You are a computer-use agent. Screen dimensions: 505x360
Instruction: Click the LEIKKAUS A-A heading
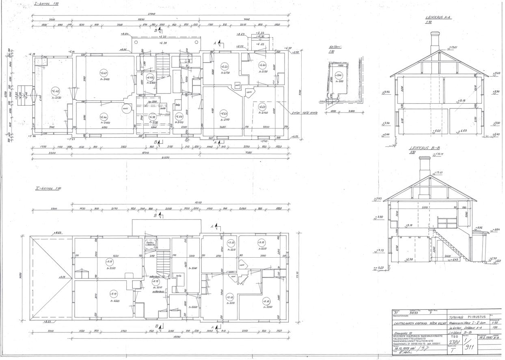pos(438,18)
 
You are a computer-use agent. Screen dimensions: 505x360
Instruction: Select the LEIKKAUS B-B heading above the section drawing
pos(424,148)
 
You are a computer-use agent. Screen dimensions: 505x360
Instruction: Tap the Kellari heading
pos(335,47)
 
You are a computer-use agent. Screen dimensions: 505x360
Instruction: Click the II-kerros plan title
pos(48,189)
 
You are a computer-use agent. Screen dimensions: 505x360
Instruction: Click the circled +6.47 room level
pos(103,73)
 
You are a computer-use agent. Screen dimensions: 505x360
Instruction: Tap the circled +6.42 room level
pos(55,91)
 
